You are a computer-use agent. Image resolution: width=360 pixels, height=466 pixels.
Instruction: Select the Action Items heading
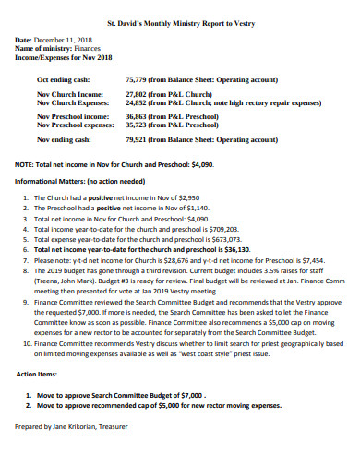pos(40,375)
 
